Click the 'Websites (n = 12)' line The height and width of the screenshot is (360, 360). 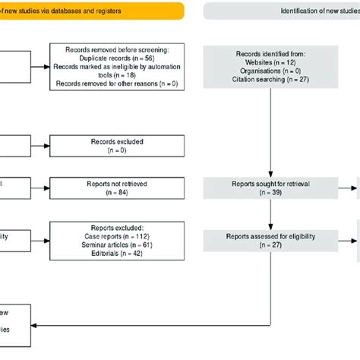pos(271,63)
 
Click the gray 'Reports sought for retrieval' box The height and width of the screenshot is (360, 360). pos(271,187)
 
